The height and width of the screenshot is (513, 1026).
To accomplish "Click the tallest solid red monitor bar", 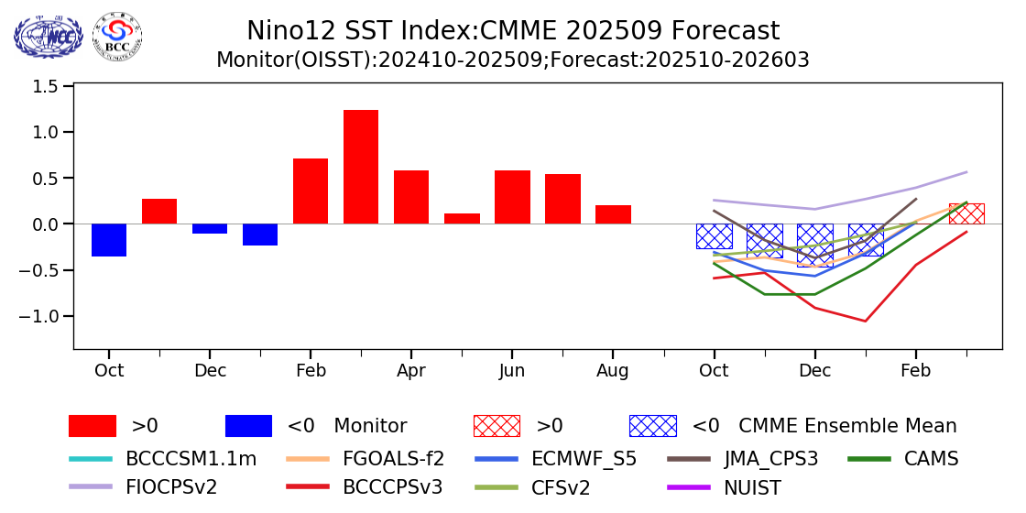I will coord(361,167).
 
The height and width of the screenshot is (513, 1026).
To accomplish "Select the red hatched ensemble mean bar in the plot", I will coord(966,213).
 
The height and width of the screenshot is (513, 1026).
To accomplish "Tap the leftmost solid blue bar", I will coord(109,240).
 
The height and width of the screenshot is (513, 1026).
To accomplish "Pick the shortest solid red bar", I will coord(462,219).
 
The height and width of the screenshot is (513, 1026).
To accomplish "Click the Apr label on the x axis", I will coord(411,370).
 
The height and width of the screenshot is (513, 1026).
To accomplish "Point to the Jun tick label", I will coord(512,370).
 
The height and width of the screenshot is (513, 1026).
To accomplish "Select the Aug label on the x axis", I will coord(613,370).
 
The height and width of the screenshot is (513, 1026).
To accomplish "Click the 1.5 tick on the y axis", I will coord(47,86).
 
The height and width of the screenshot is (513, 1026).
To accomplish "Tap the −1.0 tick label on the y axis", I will coord(41,316).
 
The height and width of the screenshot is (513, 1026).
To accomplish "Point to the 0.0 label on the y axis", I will coord(47,224).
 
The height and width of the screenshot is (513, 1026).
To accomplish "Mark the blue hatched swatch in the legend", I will coord(652,426).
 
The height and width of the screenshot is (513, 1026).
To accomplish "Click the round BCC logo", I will coord(117,36).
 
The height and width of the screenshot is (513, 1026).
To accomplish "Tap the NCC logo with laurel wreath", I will coord(48,37).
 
